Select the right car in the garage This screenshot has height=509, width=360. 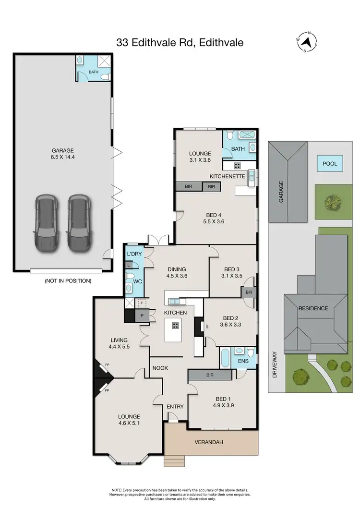79,223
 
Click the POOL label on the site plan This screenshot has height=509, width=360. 329,164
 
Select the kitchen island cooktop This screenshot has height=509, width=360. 175,326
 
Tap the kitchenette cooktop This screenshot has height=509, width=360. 237,166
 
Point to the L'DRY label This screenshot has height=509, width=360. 132,254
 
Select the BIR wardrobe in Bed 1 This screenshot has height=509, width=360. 209,375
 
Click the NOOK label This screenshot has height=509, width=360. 160,368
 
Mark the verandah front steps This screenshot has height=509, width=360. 174,461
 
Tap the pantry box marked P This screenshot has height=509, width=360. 143,315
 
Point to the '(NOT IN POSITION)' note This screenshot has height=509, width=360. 67,280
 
